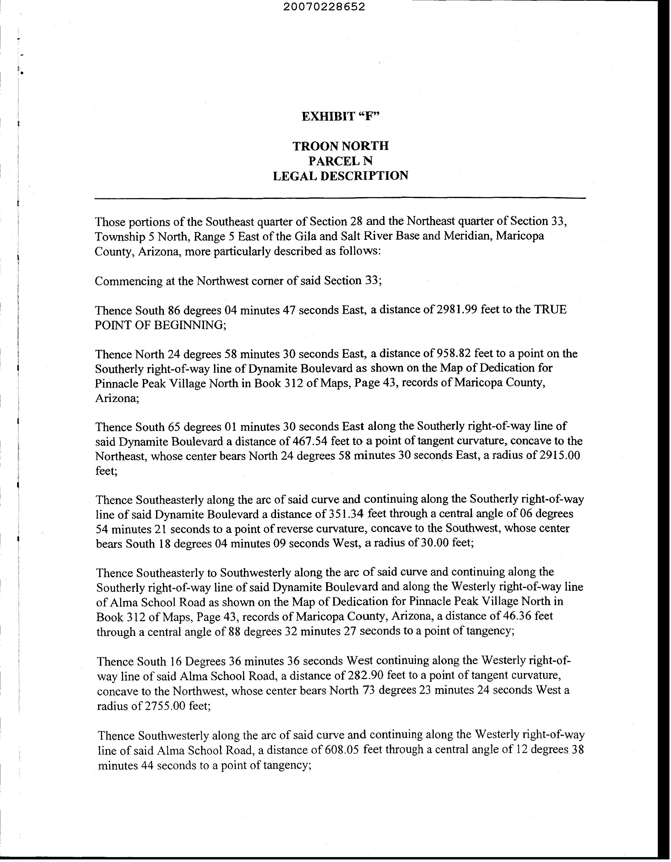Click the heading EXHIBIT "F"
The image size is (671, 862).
coord(340,117)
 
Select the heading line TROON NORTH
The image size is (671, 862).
coord(340,146)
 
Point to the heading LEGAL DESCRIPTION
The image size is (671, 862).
coord(340,176)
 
